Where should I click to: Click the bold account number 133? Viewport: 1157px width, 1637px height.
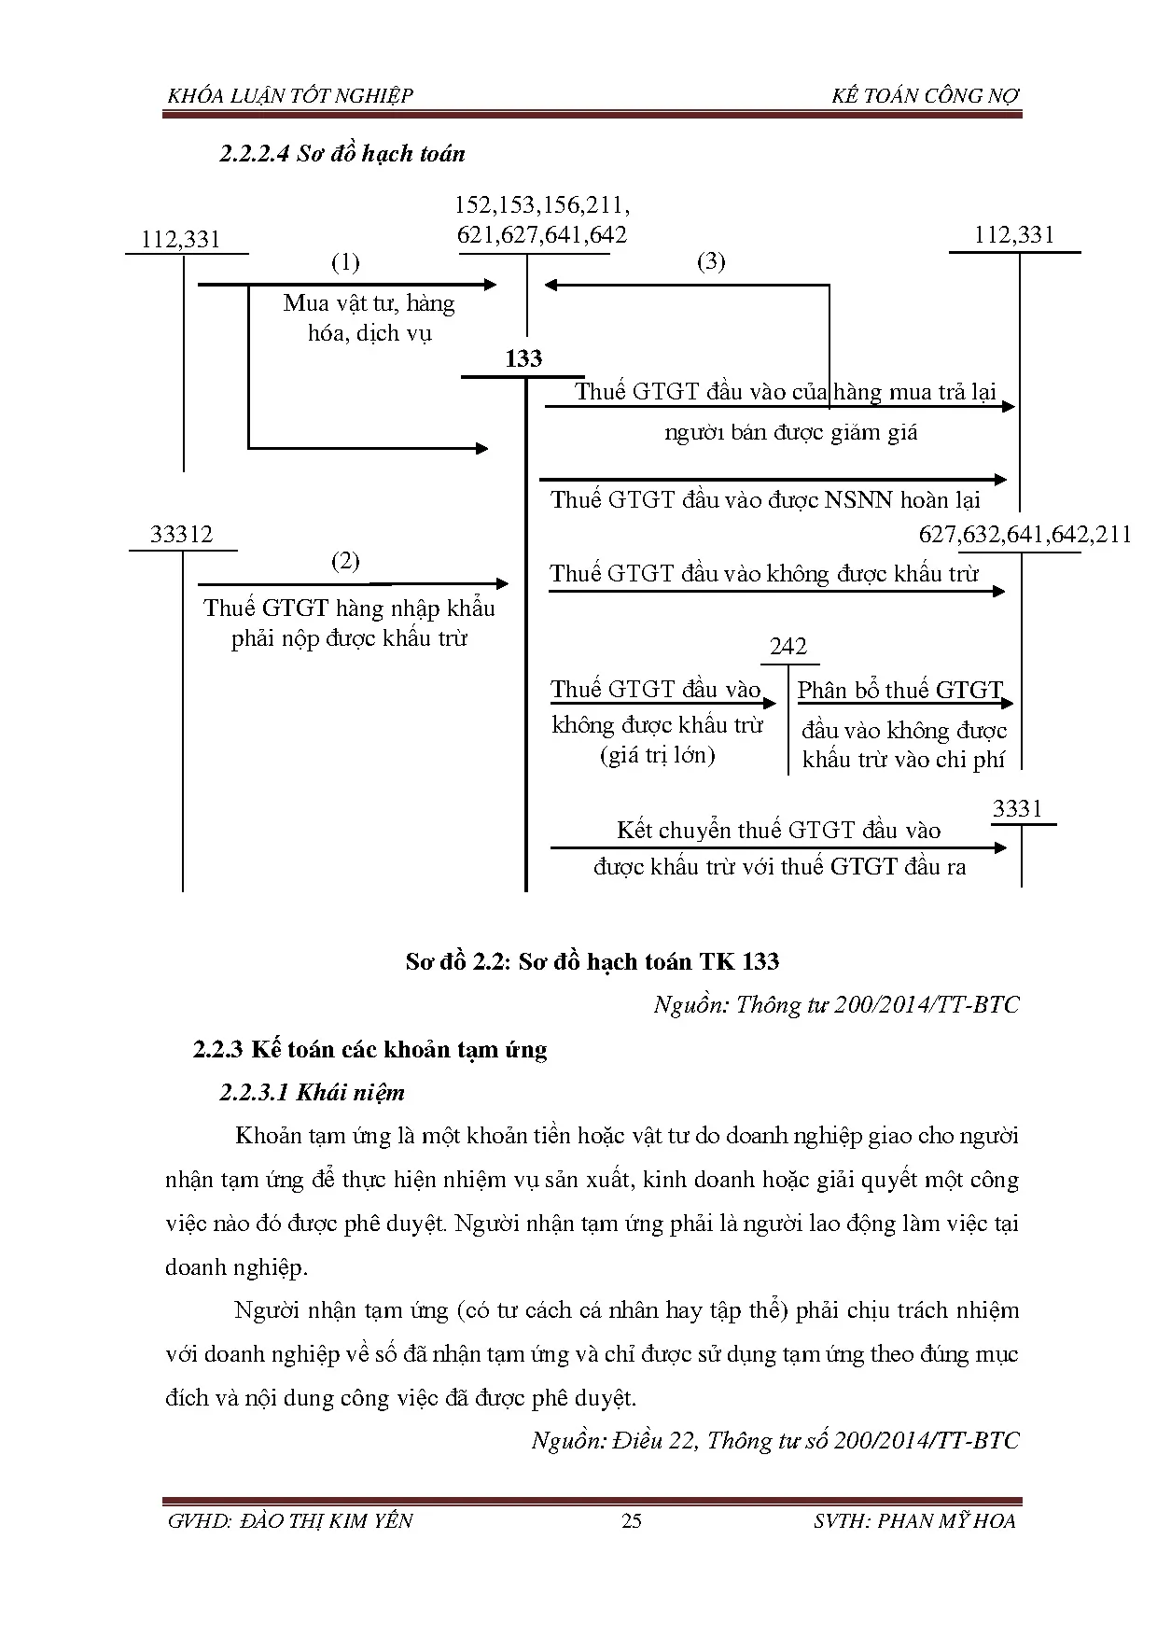523,359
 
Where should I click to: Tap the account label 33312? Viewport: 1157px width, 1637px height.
181,535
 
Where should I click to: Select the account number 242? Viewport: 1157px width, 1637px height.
788,647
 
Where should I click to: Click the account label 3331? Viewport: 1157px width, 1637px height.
1017,809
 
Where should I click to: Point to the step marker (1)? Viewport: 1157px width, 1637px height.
345,262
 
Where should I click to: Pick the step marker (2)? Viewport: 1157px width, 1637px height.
345,561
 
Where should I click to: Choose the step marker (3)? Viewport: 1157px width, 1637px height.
711,261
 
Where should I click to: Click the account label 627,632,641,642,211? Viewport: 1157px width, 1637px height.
1025,535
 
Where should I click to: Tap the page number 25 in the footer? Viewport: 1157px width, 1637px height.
632,1520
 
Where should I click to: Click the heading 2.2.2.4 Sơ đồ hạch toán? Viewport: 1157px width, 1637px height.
342,154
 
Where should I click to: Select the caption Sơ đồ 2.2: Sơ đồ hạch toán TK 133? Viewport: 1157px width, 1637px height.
592,962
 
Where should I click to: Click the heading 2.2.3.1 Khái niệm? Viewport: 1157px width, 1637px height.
313,1092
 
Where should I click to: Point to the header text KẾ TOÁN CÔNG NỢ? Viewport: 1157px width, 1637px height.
926,95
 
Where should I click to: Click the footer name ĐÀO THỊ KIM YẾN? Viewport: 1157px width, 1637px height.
326,1520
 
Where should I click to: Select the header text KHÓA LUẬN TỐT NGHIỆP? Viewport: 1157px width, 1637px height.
289,95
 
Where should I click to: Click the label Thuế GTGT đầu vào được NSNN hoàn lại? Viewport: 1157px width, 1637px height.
765,500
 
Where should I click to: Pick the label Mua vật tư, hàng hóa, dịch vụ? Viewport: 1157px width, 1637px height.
369,317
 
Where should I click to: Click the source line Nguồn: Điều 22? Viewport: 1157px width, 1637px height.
775,1440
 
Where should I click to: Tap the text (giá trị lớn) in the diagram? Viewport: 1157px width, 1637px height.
657,755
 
